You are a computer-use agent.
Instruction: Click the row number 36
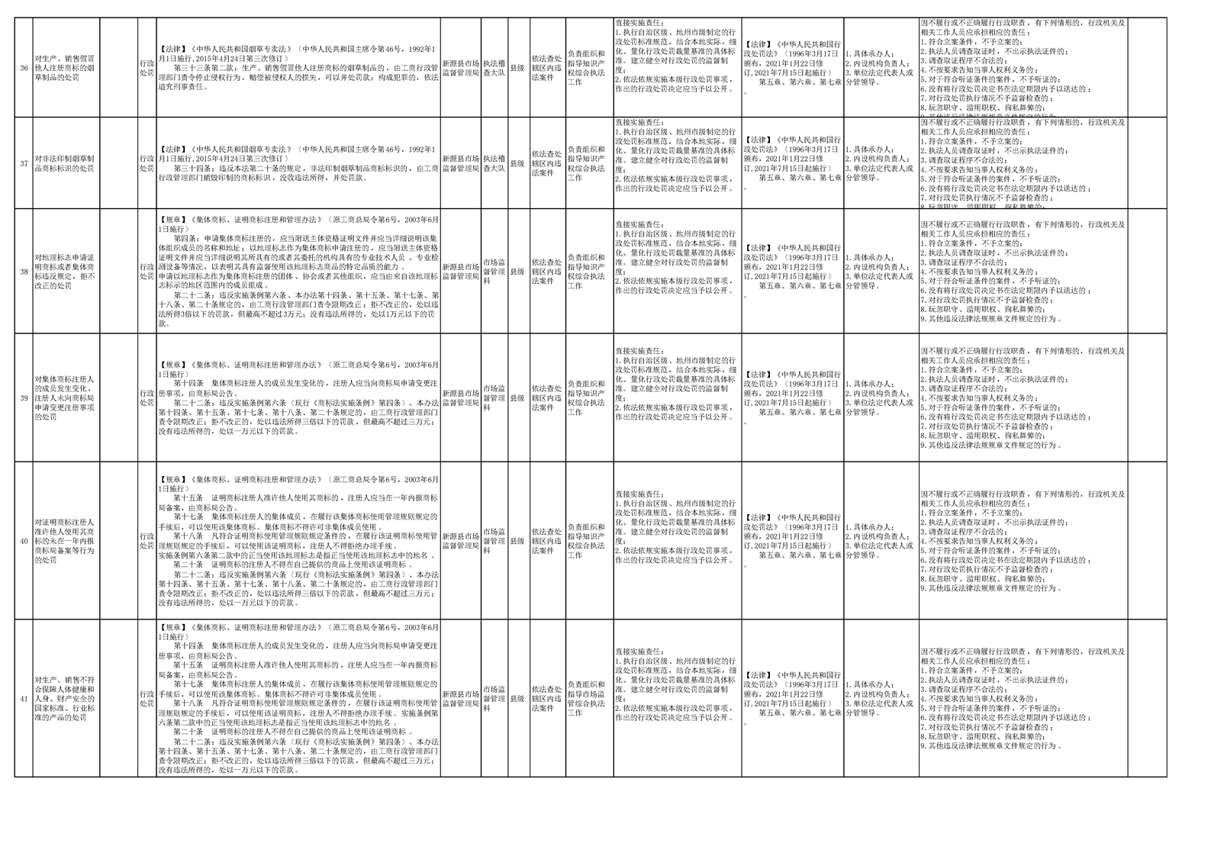(24, 68)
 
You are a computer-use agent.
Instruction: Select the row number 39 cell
(24, 397)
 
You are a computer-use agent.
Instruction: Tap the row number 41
(24, 699)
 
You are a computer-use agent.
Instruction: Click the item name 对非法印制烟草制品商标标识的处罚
(66, 163)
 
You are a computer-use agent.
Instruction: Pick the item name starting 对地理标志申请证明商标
(66, 272)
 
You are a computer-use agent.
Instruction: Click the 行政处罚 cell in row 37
(147, 163)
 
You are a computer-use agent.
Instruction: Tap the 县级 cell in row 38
(517, 272)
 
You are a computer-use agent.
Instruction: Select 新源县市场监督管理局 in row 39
(461, 397)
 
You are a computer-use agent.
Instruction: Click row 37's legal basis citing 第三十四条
(298, 163)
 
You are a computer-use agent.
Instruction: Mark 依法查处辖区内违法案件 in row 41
(547, 699)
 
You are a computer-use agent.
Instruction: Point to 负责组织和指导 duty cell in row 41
(589, 699)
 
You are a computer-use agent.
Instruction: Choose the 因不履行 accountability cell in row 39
(1023, 397)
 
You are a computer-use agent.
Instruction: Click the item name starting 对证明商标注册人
(66, 541)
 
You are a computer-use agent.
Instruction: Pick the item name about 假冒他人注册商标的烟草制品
(66, 68)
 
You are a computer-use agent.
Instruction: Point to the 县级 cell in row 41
(517, 699)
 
